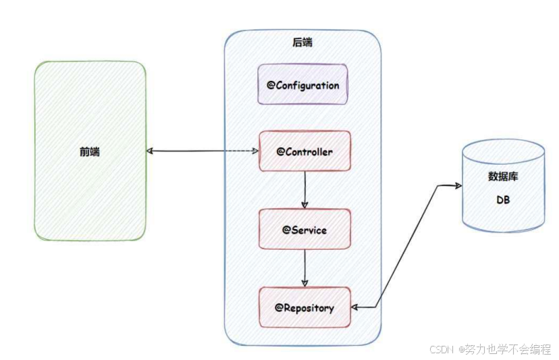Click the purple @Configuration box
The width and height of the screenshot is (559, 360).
(x=303, y=84)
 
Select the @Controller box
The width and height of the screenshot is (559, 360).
(x=305, y=151)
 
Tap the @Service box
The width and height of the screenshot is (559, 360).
(x=305, y=230)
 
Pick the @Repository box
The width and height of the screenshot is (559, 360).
(x=305, y=307)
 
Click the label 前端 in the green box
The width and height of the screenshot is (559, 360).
(x=89, y=152)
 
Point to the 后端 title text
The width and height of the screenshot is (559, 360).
(x=302, y=43)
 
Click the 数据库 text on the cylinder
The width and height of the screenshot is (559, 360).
(x=503, y=177)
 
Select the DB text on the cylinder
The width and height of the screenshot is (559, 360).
(x=504, y=201)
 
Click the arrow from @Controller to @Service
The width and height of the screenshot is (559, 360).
(x=305, y=189)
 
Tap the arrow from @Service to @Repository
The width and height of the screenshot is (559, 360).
(x=305, y=267)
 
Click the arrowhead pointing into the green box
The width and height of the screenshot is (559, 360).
(x=150, y=151)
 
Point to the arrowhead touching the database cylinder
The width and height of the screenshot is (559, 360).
(x=458, y=184)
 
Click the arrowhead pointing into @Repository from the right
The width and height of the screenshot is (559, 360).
(x=356, y=308)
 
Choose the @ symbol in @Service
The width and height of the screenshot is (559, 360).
(x=286, y=230)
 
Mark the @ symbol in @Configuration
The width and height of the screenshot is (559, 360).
(x=271, y=86)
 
